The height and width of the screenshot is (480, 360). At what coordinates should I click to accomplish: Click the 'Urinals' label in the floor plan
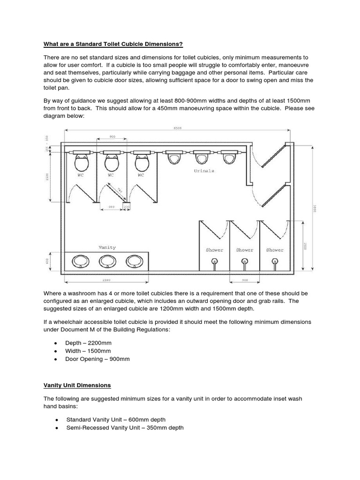204,171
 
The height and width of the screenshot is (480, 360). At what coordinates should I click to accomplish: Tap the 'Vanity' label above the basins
107,247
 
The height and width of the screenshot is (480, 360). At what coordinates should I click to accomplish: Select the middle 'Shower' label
244,250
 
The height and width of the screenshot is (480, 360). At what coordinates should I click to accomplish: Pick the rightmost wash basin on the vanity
135,261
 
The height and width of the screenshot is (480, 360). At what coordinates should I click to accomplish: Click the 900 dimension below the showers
244,280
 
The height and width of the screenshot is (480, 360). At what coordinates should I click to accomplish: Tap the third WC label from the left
141,175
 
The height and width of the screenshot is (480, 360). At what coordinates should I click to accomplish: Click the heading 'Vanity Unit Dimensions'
77,385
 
